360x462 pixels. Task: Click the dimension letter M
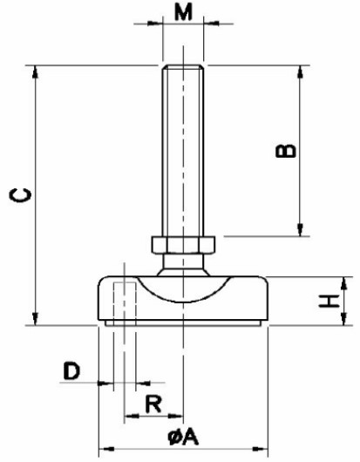click(x=183, y=12)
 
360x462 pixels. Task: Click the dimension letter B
click(x=285, y=151)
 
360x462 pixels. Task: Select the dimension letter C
click(x=20, y=195)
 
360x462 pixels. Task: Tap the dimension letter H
click(x=329, y=301)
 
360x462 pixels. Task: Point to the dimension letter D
click(x=71, y=370)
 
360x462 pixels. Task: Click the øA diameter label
click(x=183, y=437)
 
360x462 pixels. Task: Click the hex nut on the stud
click(x=183, y=245)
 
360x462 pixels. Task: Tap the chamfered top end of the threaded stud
click(x=183, y=67)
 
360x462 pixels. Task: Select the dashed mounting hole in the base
click(x=125, y=303)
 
